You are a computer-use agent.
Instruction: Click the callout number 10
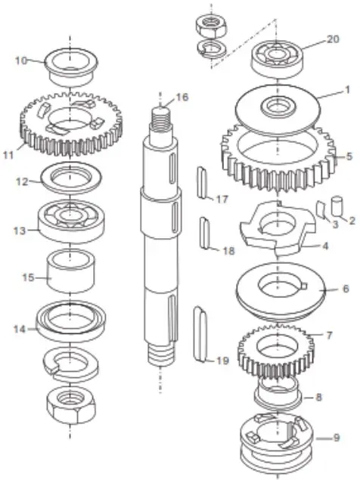pyautogui.click(x=20, y=60)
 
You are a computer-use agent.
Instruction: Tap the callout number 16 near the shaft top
pyautogui.click(x=182, y=97)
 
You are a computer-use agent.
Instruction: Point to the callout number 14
pyautogui.click(x=21, y=329)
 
